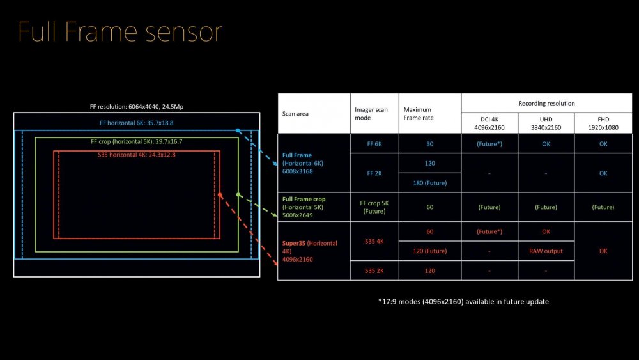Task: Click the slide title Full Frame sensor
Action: tap(120, 32)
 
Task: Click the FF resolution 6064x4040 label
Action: tap(137, 106)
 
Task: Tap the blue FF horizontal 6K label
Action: tap(137, 123)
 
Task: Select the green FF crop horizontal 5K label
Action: tap(137, 141)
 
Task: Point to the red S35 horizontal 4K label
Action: tap(137, 155)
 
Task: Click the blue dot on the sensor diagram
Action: tap(238, 130)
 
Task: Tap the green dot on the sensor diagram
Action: tap(238, 194)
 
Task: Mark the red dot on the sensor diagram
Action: tap(220, 194)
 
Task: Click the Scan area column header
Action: tap(296, 114)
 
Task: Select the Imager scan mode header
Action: tap(371, 114)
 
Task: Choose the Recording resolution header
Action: tap(546, 103)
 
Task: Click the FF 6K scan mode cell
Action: tap(374, 144)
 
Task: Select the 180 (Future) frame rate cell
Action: tap(429, 184)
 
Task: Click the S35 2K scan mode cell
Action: tap(374, 271)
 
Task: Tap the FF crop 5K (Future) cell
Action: tap(374, 207)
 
